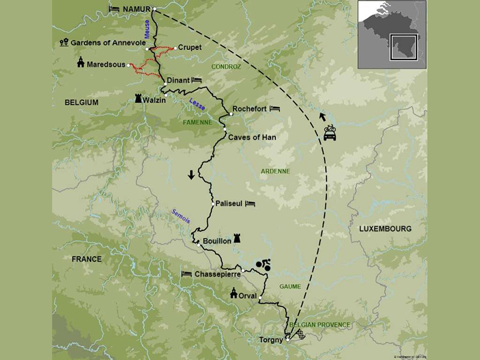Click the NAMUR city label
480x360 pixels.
136,10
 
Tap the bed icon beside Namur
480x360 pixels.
114,10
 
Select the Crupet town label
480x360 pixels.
190,47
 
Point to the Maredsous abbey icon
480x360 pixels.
80,63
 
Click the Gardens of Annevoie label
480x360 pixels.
109,43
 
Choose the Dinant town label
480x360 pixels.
179,80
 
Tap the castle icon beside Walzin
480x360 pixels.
139,99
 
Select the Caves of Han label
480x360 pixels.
252,137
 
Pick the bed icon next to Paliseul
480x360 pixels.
250,204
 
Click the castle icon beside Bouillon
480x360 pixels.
238,239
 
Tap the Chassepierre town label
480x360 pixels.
218,274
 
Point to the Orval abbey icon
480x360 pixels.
233,294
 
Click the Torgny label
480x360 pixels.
270,340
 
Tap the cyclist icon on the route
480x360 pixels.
263,263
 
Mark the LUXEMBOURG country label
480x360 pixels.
385,229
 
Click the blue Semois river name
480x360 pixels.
181,217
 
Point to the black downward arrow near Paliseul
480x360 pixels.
191,175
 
